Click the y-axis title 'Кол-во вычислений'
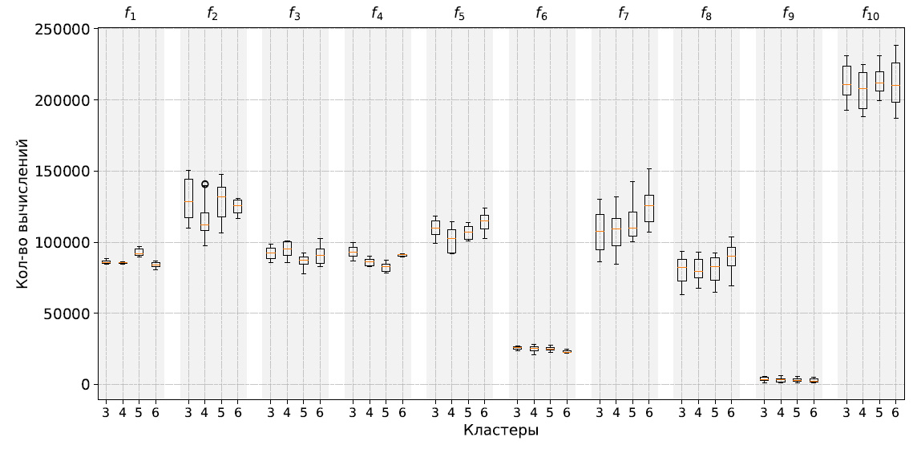(24, 213)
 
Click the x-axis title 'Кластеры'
(500, 431)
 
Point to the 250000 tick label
(63, 29)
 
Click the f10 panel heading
(870, 13)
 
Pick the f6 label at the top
(543, 13)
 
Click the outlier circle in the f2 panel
(204, 184)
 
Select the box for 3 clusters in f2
(188, 198)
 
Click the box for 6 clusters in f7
(649, 208)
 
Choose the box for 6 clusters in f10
(895, 83)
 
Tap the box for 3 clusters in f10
(846, 80)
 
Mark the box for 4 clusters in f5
(451, 241)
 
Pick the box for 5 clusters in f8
(715, 269)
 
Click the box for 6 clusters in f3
(320, 256)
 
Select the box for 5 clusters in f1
(139, 252)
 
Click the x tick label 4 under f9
(780, 413)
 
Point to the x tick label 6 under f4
(402, 413)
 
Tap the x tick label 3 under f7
(600, 413)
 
